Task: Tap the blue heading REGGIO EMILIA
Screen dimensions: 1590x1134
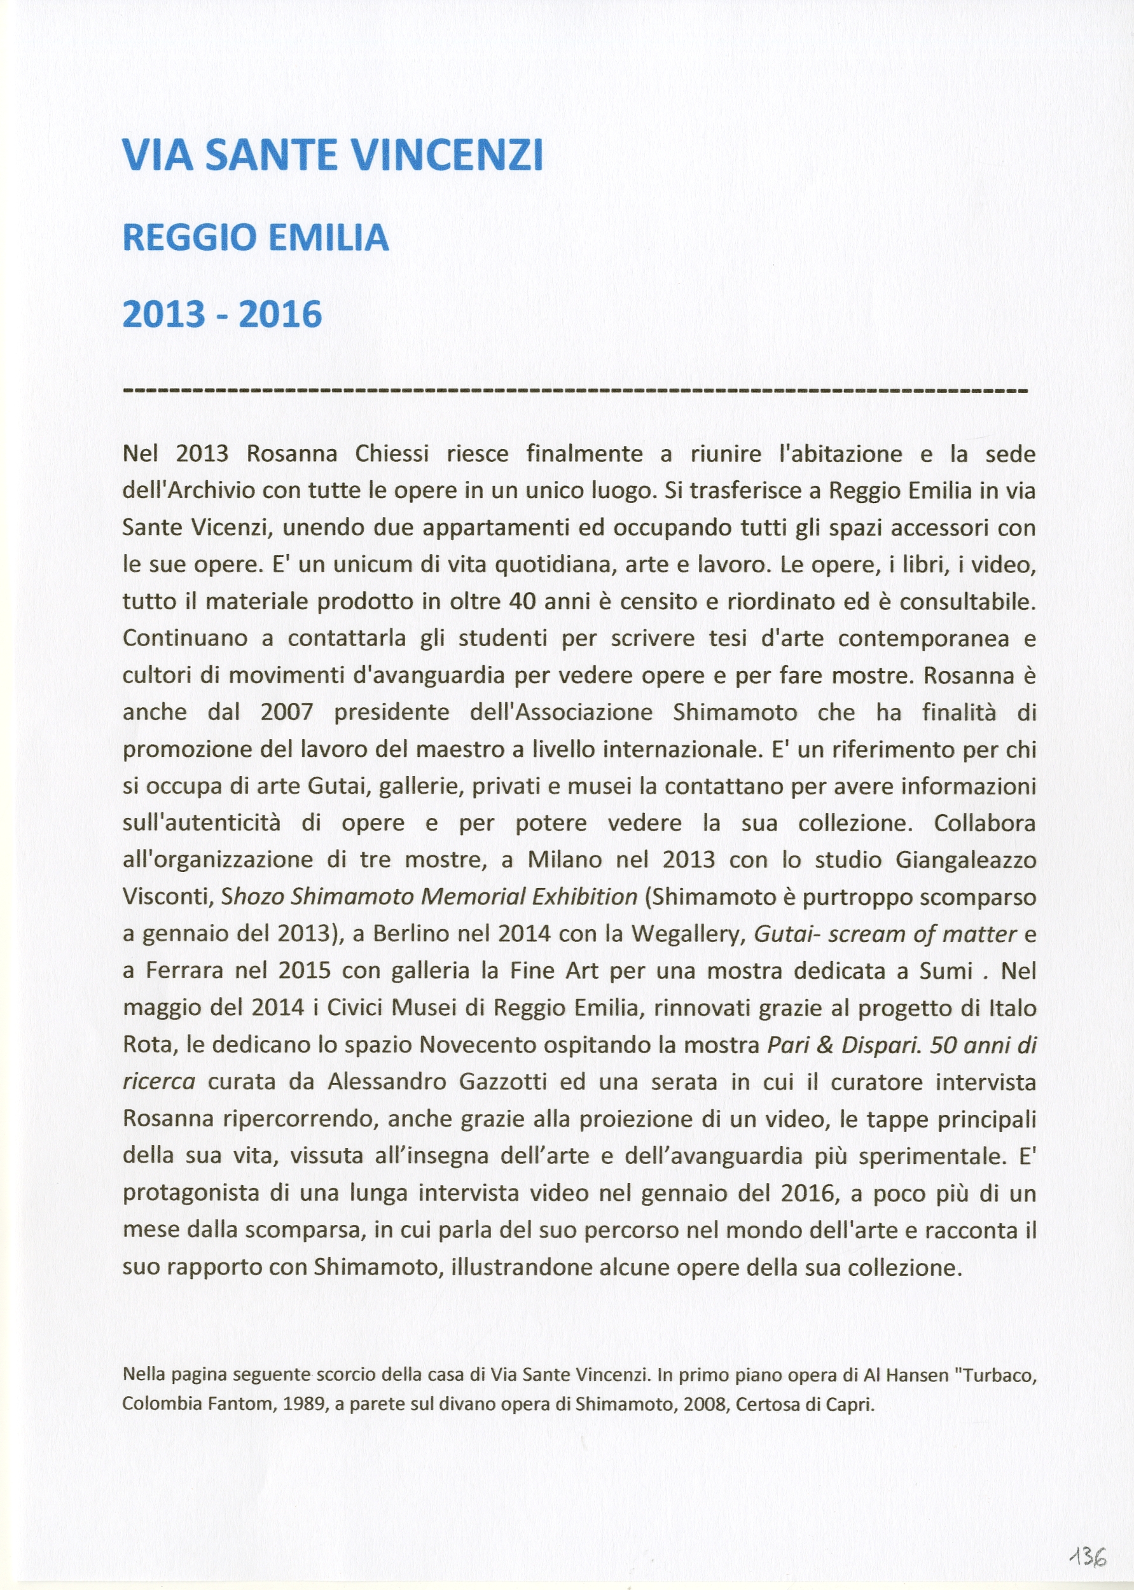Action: [x=256, y=237]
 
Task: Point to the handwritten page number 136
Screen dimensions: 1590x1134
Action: [x=1087, y=1537]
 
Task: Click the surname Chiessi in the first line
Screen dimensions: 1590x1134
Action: [x=392, y=455]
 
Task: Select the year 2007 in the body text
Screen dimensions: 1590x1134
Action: [x=286, y=712]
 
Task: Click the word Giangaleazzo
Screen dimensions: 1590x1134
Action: [x=965, y=860]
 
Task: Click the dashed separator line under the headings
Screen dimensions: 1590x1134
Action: [x=575, y=390]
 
